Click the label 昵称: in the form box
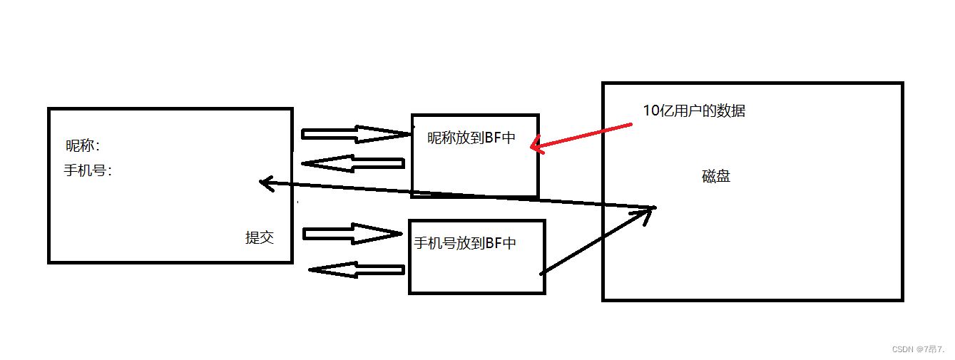[x=83, y=146]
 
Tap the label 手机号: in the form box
[x=88, y=171]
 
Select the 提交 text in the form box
[x=260, y=238]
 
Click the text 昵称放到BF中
[x=471, y=138]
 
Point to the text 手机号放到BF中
[x=465, y=244]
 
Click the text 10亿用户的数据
[x=694, y=111]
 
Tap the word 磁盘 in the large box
[x=716, y=177]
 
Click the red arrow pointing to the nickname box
[x=581, y=137]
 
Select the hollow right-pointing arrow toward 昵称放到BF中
[x=357, y=134]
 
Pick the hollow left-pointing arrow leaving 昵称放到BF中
[x=353, y=163]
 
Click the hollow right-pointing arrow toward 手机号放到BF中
[x=352, y=233]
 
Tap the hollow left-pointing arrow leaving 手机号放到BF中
[x=357, y=269]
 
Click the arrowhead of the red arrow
[x=536, y=147]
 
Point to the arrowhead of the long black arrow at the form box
[x=265, y=182]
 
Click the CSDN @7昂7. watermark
[x=918, y=349]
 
